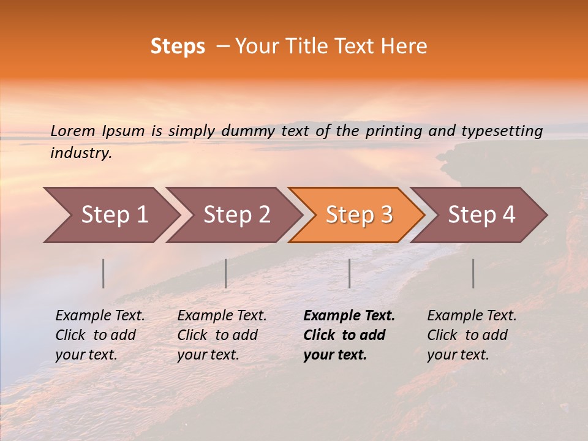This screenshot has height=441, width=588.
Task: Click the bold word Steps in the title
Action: coord(178,47)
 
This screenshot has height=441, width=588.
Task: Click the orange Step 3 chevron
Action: coord(359,215)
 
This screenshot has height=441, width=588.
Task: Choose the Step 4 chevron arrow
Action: coord(481,215)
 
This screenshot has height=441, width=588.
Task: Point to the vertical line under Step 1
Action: coord(104,273)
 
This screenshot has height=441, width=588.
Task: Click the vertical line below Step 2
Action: coord(226,273)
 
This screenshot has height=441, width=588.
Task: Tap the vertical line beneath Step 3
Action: coord(349,273)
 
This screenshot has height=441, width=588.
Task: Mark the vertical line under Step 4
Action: coord(473,273)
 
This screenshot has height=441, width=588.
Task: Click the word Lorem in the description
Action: coord(73,130)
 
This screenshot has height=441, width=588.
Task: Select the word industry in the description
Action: coord(81,153)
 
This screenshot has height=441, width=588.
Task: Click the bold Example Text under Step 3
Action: coord(349,316)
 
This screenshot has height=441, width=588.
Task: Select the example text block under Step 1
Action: coord(100,335)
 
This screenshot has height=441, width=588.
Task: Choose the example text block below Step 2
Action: coord(222,335)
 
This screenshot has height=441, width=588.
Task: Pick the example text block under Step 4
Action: coord(472,335)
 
